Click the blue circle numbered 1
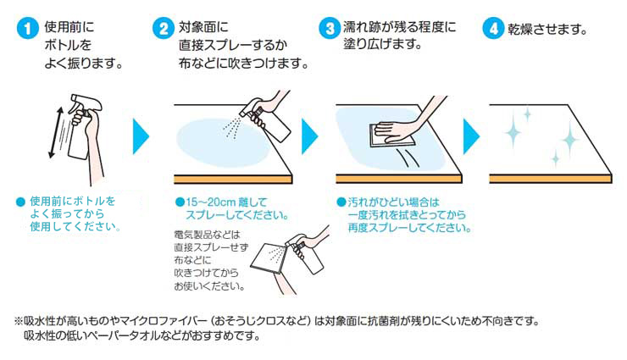tap(27, 28)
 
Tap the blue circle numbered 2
tap(164, 28)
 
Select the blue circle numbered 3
tap(330, 28)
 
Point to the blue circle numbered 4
tap(493, 28)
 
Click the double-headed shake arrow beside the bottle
tap(56, 132)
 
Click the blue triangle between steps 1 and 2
tap(141, 136)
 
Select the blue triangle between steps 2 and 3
tap(310, 136)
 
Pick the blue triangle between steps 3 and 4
tap(471, 136)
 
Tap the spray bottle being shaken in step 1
tap(80, 128)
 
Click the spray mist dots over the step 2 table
tap(232, 128)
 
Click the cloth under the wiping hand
tap(391, 136)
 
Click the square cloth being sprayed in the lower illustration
tap(269, 258)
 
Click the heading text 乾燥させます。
tap(547, 29)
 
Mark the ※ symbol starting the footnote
tap(19, 321)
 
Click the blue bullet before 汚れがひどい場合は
tap(341, 202)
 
